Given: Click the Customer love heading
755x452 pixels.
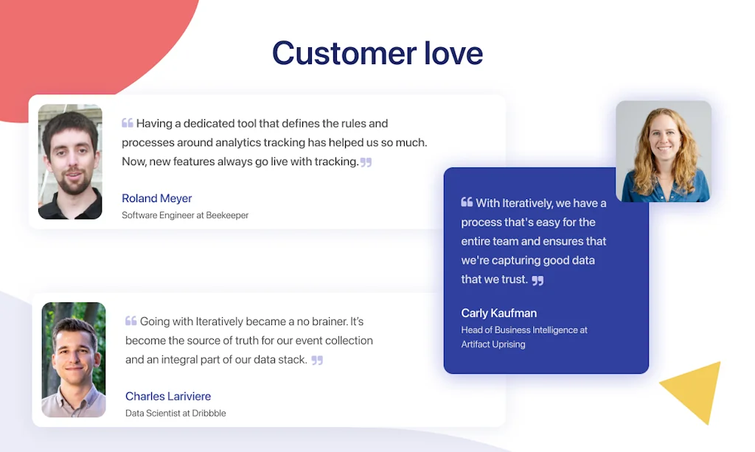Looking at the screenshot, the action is click(377, 53).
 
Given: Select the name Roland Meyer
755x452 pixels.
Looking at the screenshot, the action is click(156, 198).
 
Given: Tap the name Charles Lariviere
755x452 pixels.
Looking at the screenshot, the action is click(168, 396).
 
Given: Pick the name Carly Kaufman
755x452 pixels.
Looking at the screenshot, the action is click(499, 313).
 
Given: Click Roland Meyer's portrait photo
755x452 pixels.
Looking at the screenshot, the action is click(70, 161).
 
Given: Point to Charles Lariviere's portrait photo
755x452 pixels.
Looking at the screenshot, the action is click(74, 360).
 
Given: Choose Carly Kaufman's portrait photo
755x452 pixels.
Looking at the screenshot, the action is click(664, 151).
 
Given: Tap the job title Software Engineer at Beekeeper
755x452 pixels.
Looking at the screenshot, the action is click(185, 215).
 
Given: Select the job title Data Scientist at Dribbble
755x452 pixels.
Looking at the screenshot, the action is click(175, 413).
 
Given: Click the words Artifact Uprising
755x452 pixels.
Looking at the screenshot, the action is click(493, 344).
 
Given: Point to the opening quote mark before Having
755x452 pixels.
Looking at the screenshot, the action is click(127, 122).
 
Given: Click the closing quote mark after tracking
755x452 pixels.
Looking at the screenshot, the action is click(366, 162).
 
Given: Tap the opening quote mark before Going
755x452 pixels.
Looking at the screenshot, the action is click(131, 321).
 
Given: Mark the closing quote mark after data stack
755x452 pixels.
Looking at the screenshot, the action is click(317, 360).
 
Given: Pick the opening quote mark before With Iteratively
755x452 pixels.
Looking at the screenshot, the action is click(467, 202).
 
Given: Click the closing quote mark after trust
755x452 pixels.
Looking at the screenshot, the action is click(537, 280).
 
